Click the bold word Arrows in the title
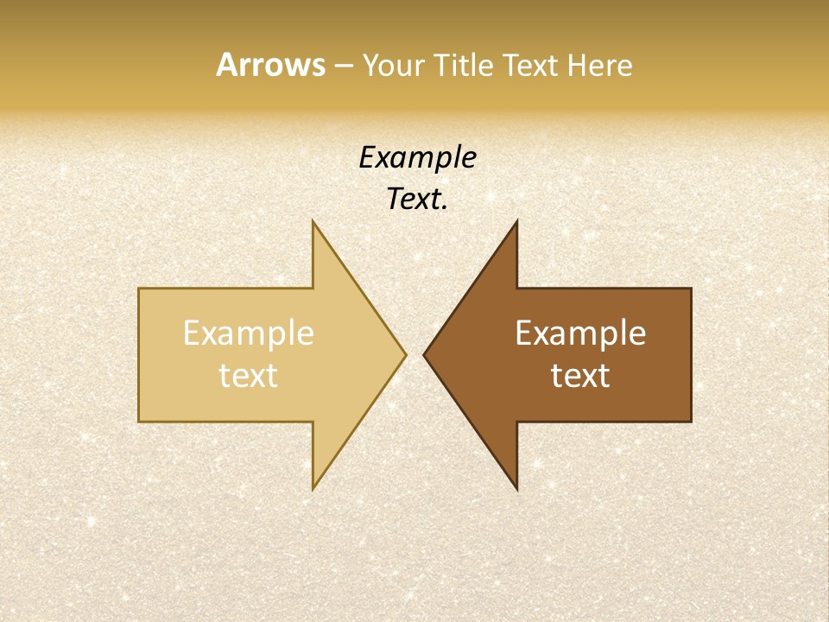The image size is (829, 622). point(269,65)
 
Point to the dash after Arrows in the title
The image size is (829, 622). point(342,67)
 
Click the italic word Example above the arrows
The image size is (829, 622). point(417,157)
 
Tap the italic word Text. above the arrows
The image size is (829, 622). point(417,199)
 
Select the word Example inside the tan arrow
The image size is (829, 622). point(249,333)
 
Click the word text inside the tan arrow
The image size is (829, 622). point(249,375)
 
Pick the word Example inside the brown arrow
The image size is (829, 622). point(580,333)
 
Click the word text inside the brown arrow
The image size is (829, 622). point(580,375)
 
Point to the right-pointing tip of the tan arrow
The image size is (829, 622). point(406,354)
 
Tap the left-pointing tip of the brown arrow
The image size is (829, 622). point(424,354)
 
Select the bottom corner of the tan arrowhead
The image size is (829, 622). point(313,489)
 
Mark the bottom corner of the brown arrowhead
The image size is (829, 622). point(516,489)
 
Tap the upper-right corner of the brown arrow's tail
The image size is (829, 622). point(691,289)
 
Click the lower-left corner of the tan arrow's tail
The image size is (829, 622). point(139,422)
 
